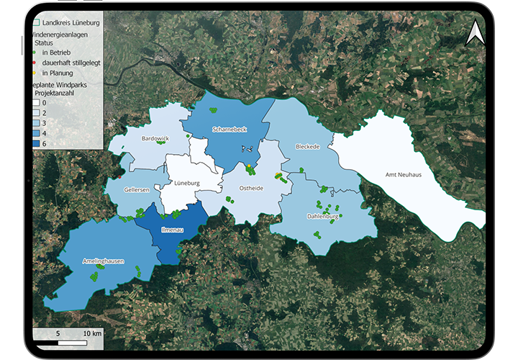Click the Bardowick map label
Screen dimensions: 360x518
155,138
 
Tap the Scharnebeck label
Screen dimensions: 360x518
230,130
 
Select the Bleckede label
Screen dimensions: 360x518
307,146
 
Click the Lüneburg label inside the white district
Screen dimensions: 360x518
186,183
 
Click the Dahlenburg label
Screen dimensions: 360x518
322,216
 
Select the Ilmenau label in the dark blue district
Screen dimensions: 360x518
172,231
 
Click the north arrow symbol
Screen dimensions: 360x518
475,34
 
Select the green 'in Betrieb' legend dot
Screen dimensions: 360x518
35,53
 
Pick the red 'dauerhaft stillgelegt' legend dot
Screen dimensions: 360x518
35,63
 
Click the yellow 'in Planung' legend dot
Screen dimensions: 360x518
35,73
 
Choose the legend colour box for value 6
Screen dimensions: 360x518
35,143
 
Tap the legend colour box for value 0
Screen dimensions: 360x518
35,103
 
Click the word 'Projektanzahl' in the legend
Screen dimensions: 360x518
56,93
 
